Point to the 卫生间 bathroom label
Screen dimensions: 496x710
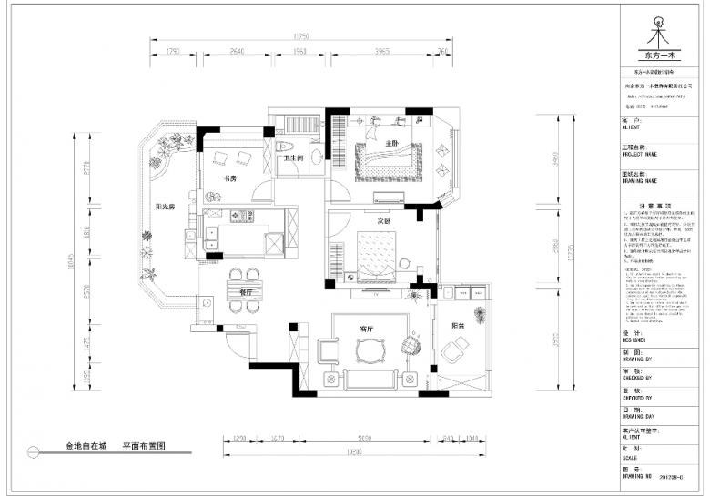point(294,158)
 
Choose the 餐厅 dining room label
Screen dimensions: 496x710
point(246,293)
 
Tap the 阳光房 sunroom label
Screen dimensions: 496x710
point(165,207)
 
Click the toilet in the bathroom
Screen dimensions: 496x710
point(282,146)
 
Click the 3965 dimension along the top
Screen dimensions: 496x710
point(379,52)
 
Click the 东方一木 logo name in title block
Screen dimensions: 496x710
point(655,56)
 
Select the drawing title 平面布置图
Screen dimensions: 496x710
point(144,448)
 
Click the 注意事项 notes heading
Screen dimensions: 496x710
point(654,207)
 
